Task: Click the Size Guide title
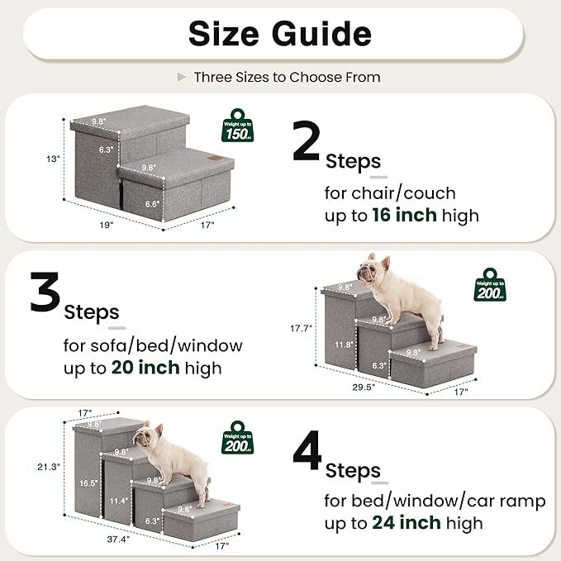[x=280, y=34]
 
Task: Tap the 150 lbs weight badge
[x=239, y=130]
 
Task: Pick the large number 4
[x=307, y=454]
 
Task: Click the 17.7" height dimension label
[x=302, y=328]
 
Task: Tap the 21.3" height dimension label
[x=49, y=466]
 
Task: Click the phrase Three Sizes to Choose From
[x=287, y=77]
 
